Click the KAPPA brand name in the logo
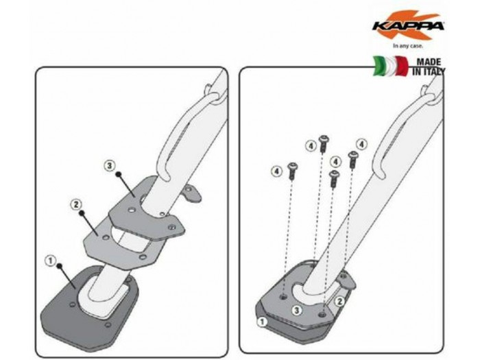coord(408,26)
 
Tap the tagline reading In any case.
coord(408,46)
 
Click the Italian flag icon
coord(391,66)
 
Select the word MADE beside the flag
coord(429,62)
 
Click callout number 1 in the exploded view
coord(51,261)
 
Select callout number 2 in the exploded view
coord(76,204)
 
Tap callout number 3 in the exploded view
coord(110,166)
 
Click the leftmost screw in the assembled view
coord(292,171)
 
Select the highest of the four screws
coord(324,144)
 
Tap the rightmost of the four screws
coord(353,159)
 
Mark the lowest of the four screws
coord(334,179)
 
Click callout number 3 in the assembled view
coord(296,310)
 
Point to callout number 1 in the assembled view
coord(262,322)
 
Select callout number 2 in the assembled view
coord(339,302)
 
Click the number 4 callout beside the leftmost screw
coord(277,171)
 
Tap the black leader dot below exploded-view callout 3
coord(118,174)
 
